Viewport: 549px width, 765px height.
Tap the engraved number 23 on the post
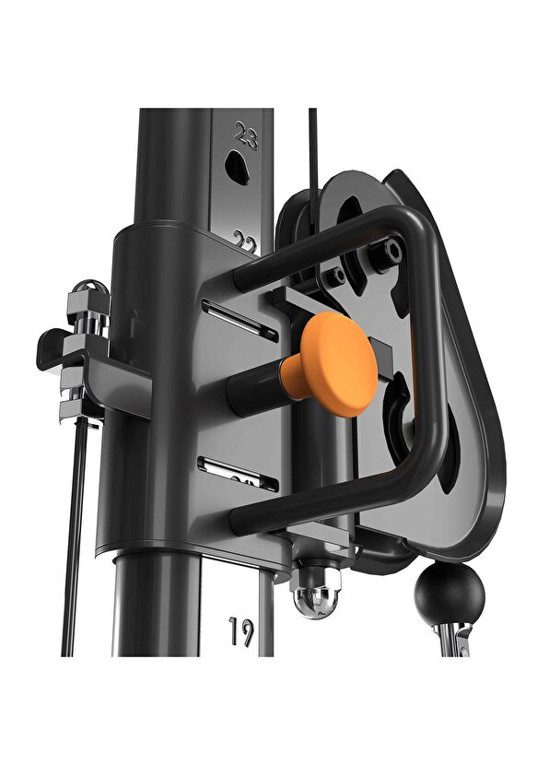pos(246,137)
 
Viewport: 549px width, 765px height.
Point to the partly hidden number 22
pos(245,242)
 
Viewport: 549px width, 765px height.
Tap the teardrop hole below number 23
pos(238,168)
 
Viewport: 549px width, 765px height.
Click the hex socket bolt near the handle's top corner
pos(394,249)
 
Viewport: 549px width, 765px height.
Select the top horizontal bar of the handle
pos(322,242)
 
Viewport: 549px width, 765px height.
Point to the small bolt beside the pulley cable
pos(339,274)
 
